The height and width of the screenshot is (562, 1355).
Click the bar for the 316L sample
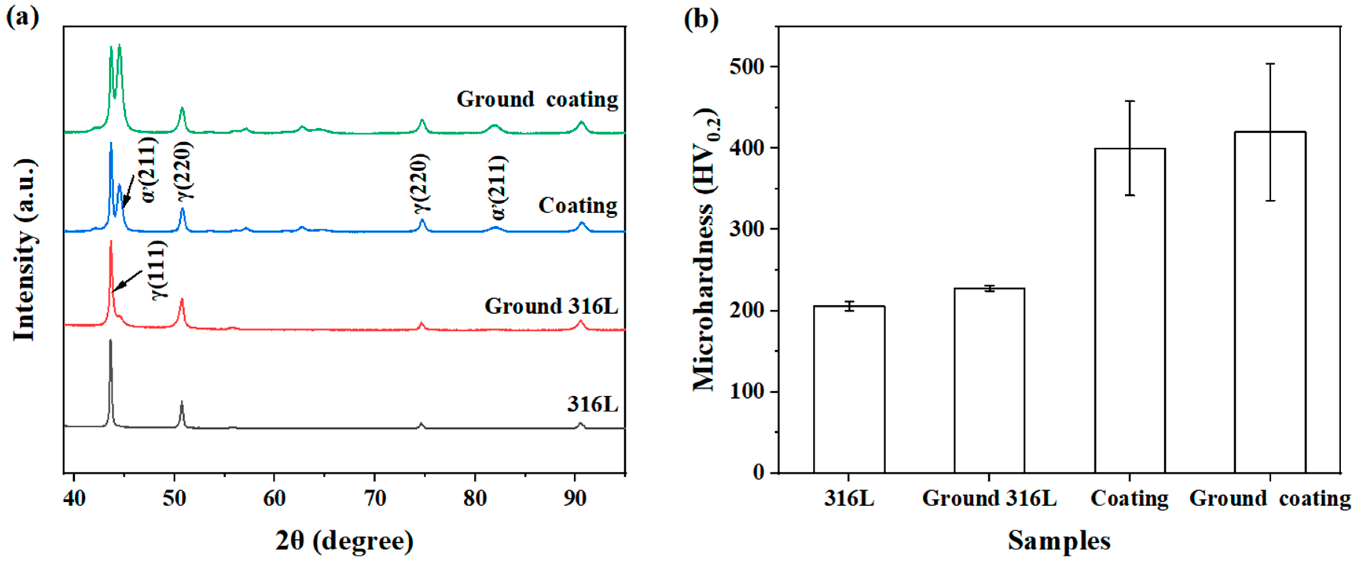pyautogui.click(x=849, y=389)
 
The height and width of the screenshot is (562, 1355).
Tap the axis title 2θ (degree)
pyautogui.click(x=345, y=540)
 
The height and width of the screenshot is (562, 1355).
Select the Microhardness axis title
pyautogui.click(x=705, y=250)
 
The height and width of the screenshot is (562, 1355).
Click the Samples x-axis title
pyautogui.click(x=1059, y=540)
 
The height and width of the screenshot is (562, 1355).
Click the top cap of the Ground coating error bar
pyautogui.click(x=1270, y=64)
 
